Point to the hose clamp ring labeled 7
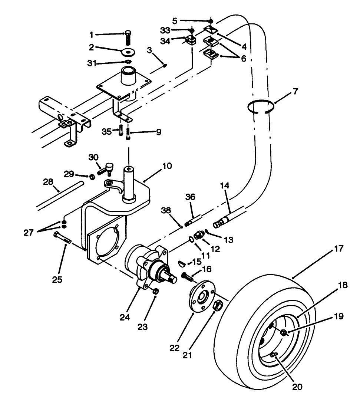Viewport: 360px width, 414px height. pyautogui.click(x=261, y=106)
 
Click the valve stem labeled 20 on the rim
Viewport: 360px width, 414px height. pyautogui.click(x=274, y=355)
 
